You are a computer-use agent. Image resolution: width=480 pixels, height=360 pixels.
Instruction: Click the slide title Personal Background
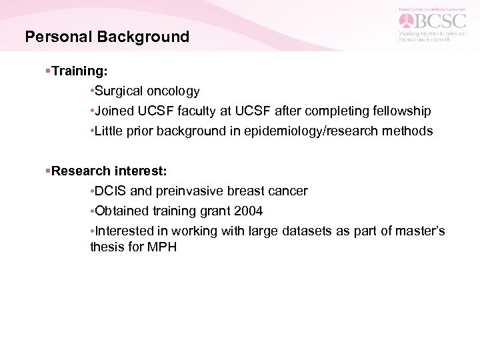point(107,37)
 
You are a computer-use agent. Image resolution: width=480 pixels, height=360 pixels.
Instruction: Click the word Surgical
point(118,90)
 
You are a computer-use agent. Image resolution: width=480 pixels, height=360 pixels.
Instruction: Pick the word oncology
point(171,90)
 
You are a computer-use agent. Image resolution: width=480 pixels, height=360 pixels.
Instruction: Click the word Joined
point(115,110)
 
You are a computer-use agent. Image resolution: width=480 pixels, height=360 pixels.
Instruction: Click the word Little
point(110,131)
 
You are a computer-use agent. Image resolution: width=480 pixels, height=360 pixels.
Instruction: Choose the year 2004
point(248,211)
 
